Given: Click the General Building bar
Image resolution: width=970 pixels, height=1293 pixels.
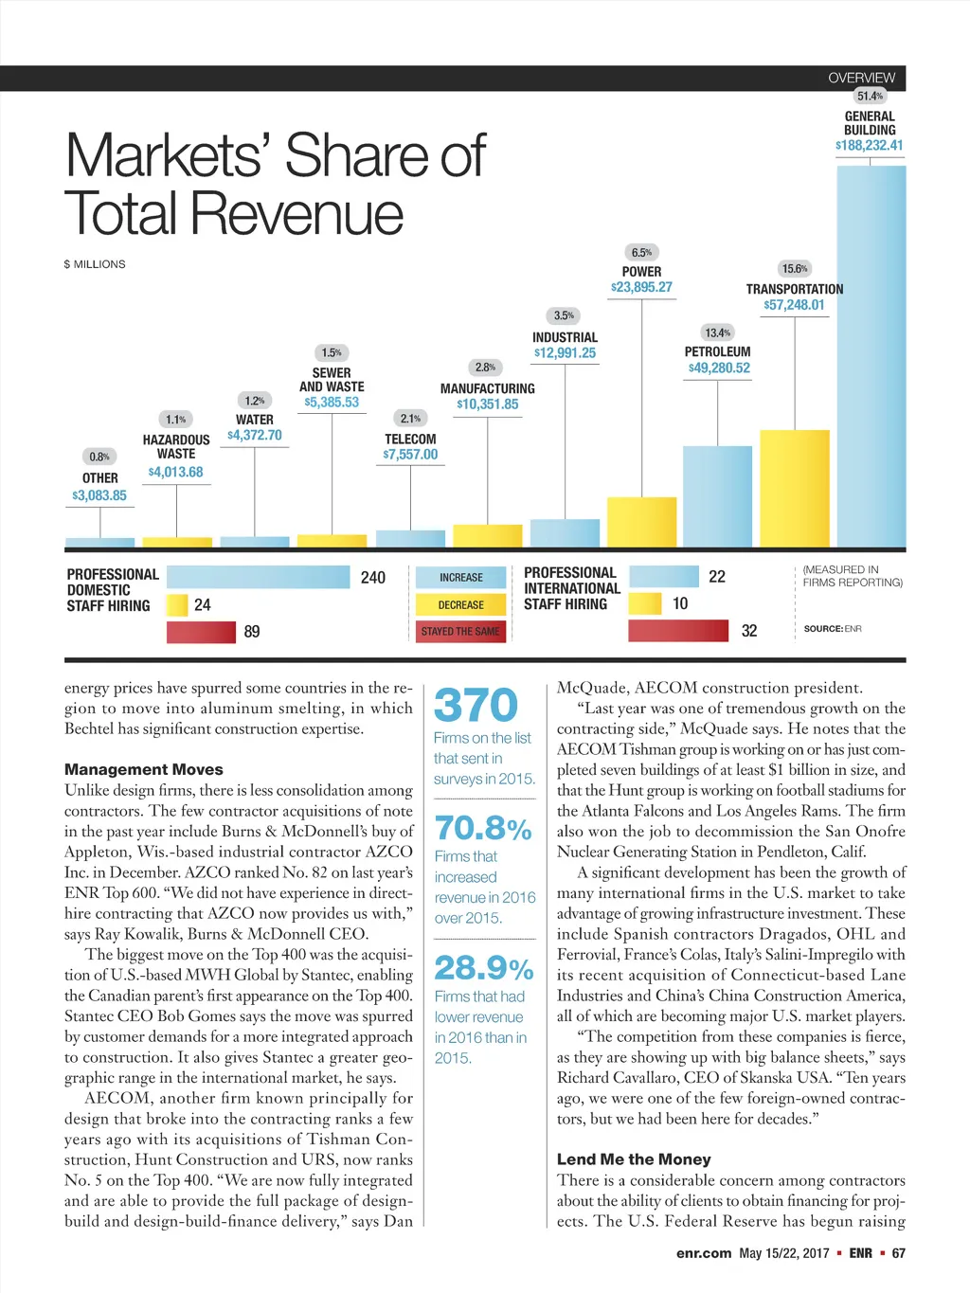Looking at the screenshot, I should [871, 355].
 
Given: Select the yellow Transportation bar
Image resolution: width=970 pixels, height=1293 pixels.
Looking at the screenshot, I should [794, 488].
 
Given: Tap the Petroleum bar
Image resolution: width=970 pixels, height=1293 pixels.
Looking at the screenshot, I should [717, 495].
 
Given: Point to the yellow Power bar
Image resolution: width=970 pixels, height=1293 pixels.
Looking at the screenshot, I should [641, 522].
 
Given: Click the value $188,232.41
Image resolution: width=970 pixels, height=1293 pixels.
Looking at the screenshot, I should [870, 146].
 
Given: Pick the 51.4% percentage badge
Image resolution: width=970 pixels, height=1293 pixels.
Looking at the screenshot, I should [870, 96].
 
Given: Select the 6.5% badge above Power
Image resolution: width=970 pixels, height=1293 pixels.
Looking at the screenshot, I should [641, 252].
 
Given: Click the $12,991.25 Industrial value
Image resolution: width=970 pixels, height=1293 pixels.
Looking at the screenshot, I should [565, 353].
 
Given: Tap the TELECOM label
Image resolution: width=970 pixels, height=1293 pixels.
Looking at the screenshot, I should [410, 440].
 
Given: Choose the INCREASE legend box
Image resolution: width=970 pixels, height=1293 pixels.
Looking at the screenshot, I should [460, 577].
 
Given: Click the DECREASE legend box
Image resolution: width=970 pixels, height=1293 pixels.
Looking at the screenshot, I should [460, 604].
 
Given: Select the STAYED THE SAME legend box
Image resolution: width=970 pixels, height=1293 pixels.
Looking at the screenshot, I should [460, 631].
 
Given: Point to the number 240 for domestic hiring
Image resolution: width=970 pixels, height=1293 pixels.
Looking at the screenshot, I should [373, 578].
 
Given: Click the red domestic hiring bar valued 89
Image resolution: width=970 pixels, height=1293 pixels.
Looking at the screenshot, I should [201, 632].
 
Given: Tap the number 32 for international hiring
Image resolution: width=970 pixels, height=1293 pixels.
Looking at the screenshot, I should [749, 631].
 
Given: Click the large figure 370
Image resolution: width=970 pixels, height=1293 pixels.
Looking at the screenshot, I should [476, 706].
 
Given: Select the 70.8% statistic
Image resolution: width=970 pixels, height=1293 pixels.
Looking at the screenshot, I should [483, 829].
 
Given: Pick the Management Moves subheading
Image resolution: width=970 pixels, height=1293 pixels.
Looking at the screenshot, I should [144, 770].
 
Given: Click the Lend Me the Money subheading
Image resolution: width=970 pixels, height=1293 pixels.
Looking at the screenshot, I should [634, 1159].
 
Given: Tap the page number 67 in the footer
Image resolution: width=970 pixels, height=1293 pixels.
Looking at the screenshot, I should [898, 1253].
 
